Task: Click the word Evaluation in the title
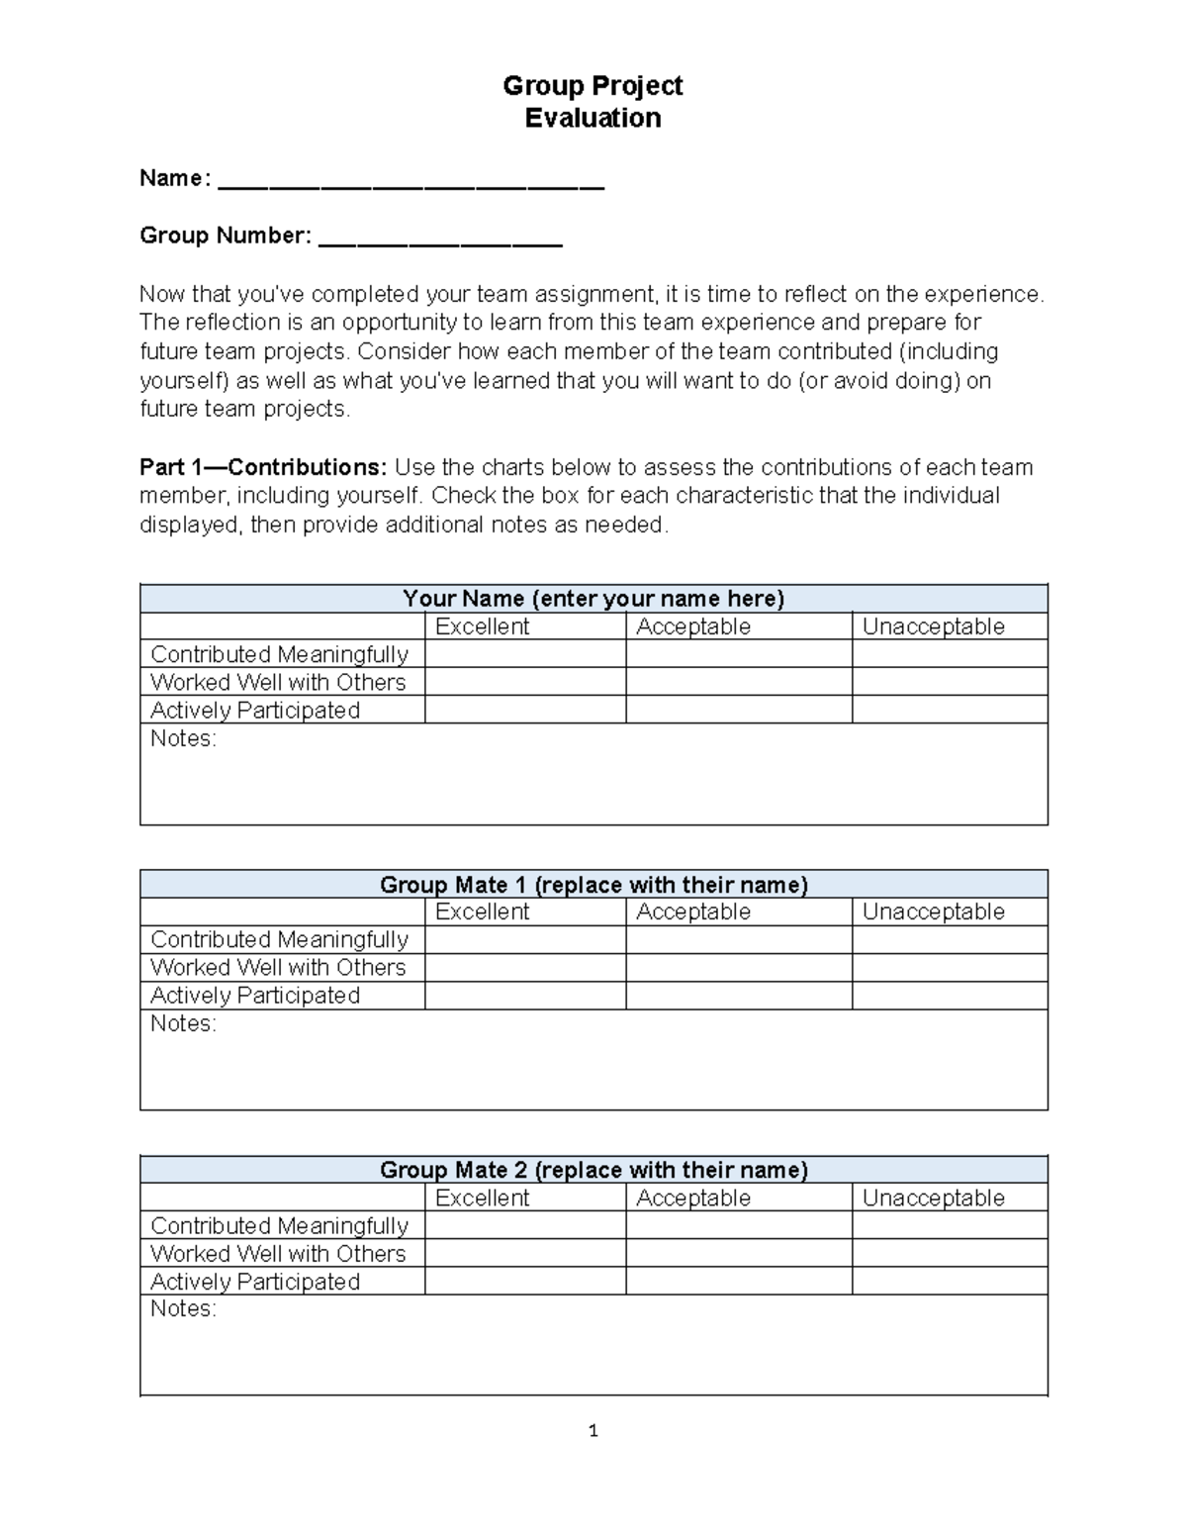tap(593, 118)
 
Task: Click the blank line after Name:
tap(411, 183)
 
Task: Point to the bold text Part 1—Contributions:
tap(265, 467)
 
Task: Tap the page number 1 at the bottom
tap(593, 1430)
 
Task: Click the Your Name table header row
tap(593, 599)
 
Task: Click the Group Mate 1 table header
tap(593, 885)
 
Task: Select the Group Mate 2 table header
tap(593, 1170)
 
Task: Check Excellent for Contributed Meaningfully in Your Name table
tap(525, 654)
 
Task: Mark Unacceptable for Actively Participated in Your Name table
tap(949, 710)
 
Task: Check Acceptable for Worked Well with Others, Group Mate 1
tap(738, 967)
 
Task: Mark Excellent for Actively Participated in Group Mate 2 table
tap(525, 1281)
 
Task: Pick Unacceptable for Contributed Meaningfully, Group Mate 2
tap(949, 1225)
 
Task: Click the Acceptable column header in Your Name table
tap(693, 626)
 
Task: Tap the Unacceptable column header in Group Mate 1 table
tap(933, 912)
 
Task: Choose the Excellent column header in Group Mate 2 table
tap(482, 1198)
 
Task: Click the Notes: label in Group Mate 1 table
tap(183, 1023)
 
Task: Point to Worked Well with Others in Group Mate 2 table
tap(278, 1253)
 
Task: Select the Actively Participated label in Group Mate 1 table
tap(255, 996)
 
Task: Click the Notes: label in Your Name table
tap(183, 738)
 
